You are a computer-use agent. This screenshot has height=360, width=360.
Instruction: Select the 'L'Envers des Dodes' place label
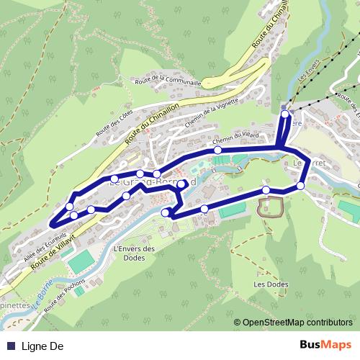point(135,254)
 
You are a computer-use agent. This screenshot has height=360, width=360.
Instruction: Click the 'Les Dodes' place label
point(271,284)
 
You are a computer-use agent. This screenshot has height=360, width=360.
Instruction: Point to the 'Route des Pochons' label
point(63,296)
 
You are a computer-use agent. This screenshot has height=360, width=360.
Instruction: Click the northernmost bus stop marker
point(285,114)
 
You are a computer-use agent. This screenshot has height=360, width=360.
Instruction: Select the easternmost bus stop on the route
point(300,186)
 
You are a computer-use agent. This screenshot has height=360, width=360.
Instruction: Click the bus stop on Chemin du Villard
point(217,150)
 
